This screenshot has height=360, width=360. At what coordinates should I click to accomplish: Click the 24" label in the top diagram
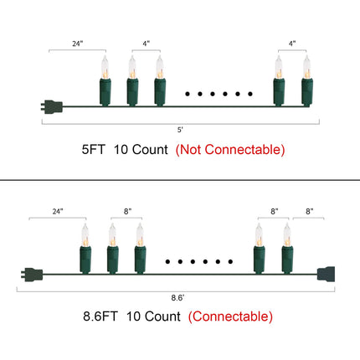[78, 44]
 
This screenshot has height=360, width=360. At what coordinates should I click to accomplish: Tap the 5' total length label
[180, 130]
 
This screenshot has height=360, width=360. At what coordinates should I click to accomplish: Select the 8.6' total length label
[177, 298]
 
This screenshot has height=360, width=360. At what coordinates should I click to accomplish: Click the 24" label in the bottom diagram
[58, 211]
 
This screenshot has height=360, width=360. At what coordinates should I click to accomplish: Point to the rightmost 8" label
[310, 211]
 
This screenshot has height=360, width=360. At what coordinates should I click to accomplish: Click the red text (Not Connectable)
[230, 150]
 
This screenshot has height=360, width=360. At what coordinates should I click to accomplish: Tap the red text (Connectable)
[230, 316]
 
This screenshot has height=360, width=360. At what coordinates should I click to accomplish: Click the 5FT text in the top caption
[93, 150]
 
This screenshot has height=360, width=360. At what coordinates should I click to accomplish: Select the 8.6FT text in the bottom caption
[100, 316]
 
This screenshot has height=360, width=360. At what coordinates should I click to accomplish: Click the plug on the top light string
[52, 106]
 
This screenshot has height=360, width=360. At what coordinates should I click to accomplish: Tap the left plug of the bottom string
[32, 275]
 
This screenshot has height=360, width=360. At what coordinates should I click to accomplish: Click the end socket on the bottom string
[326, 275]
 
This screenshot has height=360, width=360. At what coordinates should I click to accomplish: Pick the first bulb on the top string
[105, 80]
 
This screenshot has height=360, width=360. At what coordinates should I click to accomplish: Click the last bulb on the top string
[307, 80]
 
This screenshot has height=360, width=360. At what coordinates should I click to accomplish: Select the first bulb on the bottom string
[85, 248]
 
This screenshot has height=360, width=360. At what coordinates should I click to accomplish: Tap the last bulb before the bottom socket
[287, 248]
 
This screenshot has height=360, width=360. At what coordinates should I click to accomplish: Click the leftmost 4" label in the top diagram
[147, 44]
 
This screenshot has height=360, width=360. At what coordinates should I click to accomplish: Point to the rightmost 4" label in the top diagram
[292, 44]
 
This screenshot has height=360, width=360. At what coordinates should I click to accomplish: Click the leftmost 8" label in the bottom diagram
[127, 211]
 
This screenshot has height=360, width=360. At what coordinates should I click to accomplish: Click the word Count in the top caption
[150, 150]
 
